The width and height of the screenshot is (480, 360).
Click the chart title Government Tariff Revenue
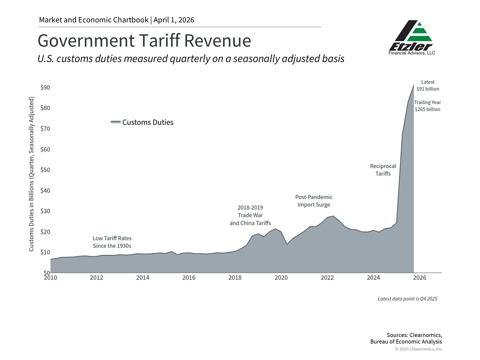[144, 41]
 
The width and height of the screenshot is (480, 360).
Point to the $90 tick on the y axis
[45, 88]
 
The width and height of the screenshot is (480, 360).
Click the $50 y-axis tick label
[45, 170]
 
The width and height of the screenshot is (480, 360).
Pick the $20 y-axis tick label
[45, 232]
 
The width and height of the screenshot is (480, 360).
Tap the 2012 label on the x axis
[96, 278]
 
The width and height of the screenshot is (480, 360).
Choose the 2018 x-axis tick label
[235, 278]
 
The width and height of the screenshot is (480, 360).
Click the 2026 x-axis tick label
[419, 278]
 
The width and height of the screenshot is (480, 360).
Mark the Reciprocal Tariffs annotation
[383, 170]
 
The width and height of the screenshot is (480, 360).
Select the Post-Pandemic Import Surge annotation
[314, 201]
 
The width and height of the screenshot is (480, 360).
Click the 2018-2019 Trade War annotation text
[250, 215]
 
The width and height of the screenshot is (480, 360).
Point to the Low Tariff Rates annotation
[112, 242]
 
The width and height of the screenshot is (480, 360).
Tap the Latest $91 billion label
[428, 85]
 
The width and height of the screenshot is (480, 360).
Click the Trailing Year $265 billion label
[427, 106]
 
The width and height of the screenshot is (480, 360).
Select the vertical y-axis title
[31, 174]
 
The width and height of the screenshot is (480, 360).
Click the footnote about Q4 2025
[407, 299]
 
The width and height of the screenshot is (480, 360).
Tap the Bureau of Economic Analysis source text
[406, 342]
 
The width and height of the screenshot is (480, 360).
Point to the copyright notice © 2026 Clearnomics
[419, 349]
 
